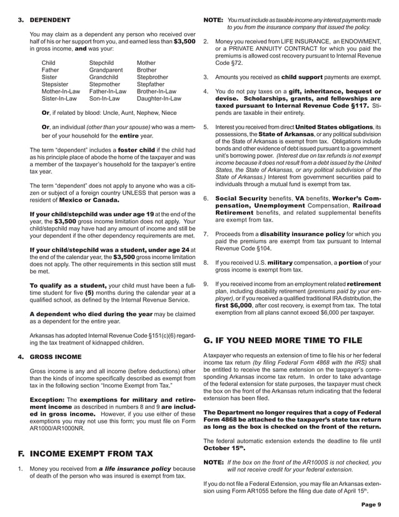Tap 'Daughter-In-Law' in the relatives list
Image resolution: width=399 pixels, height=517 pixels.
159,98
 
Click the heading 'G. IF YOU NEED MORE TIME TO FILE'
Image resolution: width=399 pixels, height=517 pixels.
283,340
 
